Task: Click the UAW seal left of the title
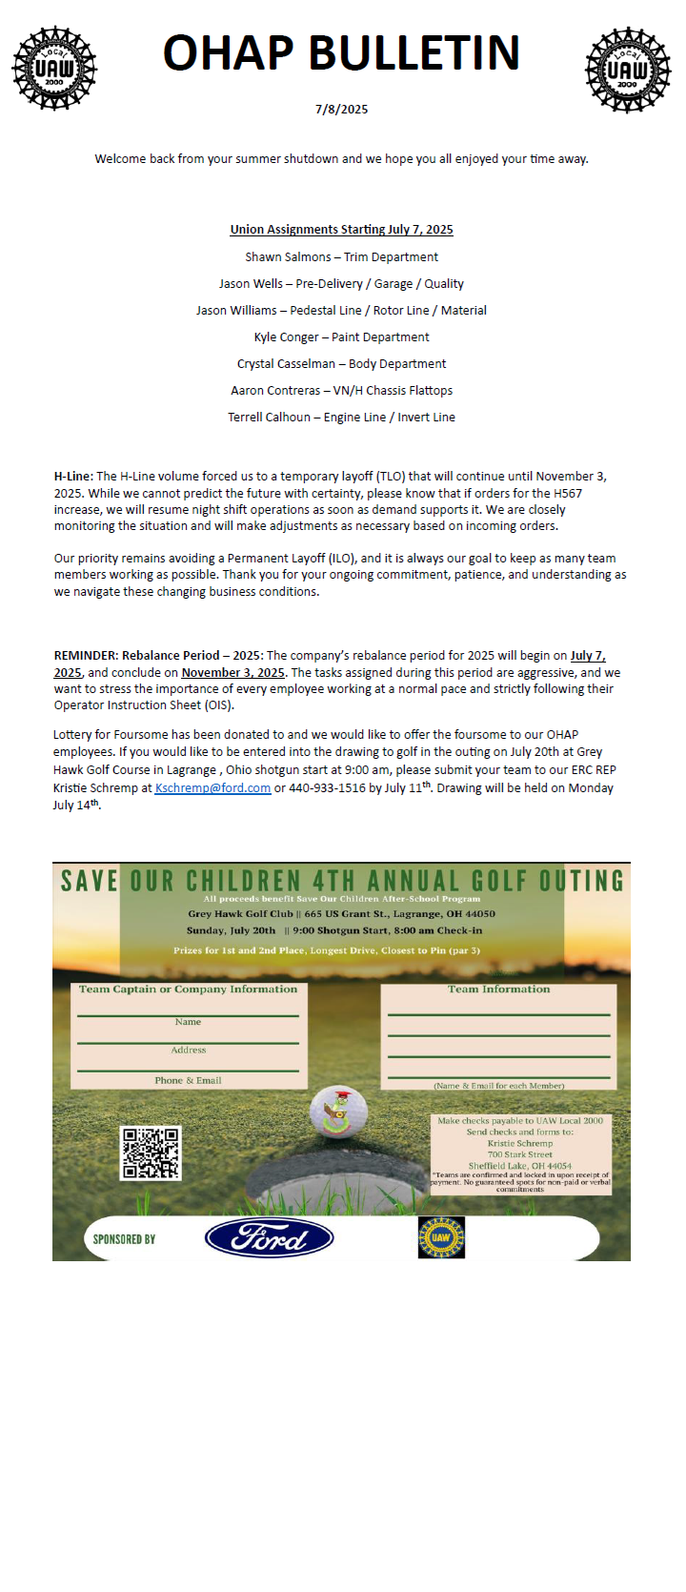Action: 54,69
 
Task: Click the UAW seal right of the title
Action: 628,69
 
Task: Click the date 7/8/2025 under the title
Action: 341,110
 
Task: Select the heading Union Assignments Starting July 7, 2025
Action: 341,230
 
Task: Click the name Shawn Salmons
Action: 288,257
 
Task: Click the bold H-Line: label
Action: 73,477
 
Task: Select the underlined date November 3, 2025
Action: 232,673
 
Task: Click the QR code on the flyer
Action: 151,1153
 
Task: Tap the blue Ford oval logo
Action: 269,1238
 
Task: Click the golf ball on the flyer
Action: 338,1111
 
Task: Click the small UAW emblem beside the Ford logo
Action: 441,1237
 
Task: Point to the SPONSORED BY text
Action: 124,1239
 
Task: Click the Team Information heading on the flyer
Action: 498,990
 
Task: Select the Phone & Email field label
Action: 188,1081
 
